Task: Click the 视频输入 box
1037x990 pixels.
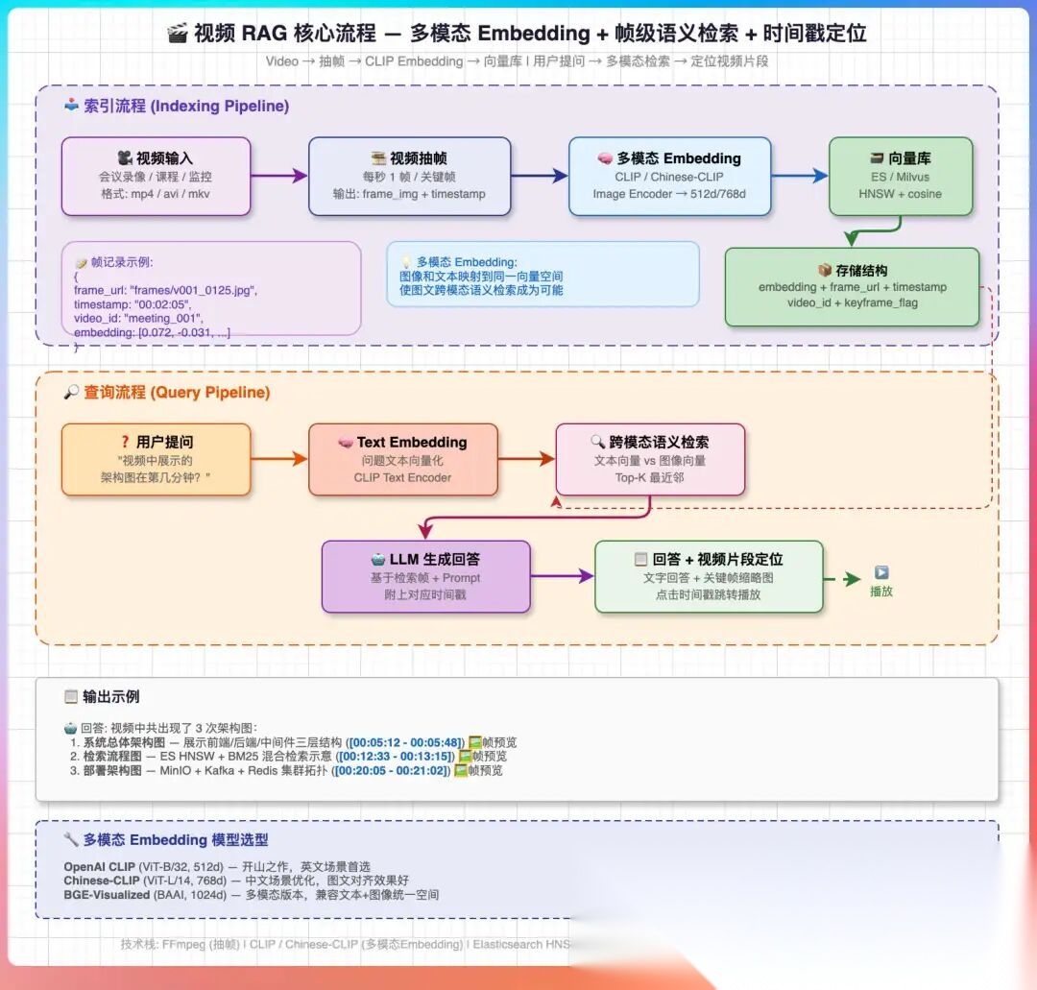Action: (156, 176)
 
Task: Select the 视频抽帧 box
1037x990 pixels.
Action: (409, 176)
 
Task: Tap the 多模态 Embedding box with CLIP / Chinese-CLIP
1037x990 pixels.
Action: (669, 176)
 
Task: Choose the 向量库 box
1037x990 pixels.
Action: (900, 176)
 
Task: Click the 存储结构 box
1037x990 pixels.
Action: (851, 286)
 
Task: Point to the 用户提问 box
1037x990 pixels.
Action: (156, 460)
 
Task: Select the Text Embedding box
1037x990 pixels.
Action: (402, 460)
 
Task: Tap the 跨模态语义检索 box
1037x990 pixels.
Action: (650, 460)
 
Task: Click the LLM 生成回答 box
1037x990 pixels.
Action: (425, 576)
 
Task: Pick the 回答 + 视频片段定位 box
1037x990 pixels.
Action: (709, 576)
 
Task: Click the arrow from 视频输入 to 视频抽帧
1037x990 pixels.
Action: (278, 176)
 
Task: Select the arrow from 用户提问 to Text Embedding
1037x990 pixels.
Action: (278, 460)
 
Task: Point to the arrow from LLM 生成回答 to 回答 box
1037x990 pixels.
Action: (563, 576)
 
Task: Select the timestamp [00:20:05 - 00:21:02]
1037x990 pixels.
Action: (390, 770)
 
